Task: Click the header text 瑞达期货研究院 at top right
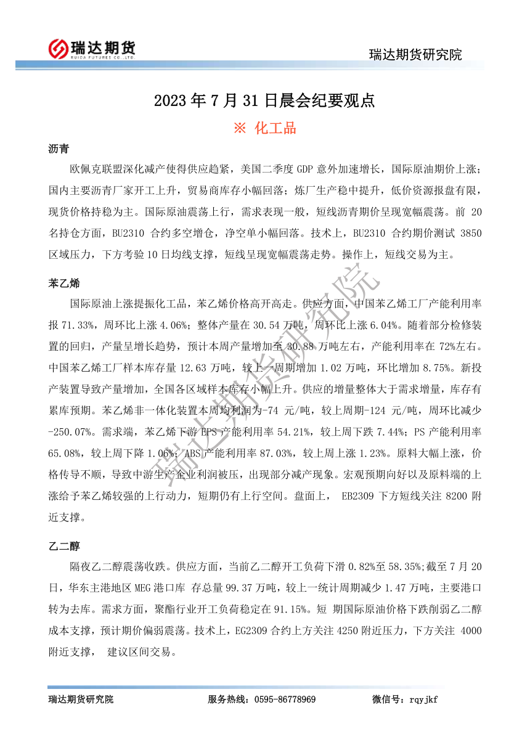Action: click(415, 54)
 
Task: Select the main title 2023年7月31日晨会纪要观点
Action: click(264, 100)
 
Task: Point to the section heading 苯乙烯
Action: click(64, 284)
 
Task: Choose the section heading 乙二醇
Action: click(64, 547)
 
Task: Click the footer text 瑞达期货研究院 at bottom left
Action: click(81, 699)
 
